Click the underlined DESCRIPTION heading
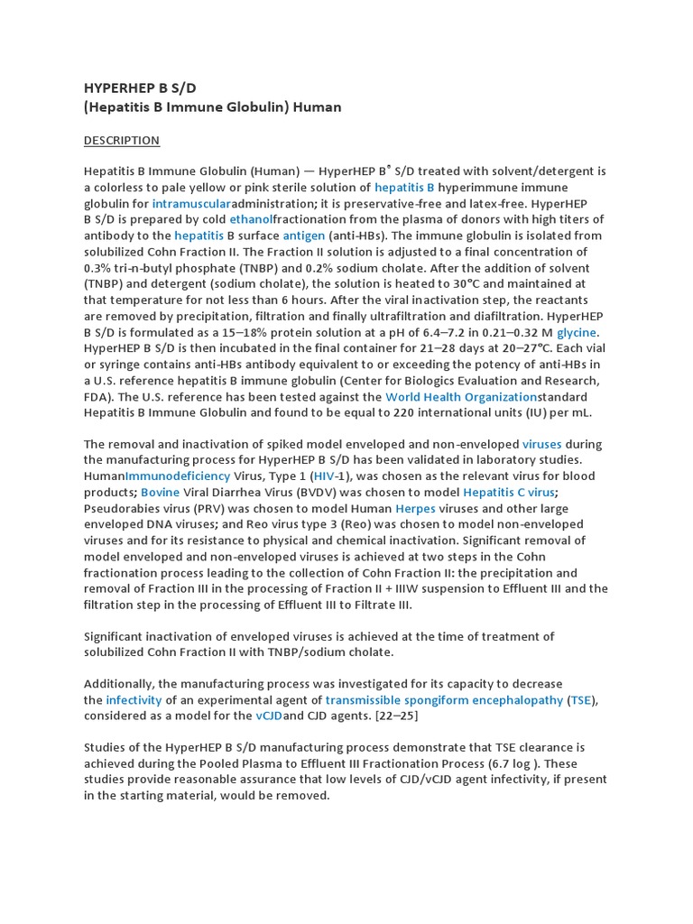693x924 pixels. [121, 140]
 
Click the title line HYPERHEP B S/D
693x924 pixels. [140, 88]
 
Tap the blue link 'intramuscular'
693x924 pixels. [191, 203]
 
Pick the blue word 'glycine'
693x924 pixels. [577, 332]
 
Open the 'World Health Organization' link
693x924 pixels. [461, 396]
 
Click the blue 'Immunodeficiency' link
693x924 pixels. [178, 476]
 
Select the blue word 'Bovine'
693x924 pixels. [161, 492]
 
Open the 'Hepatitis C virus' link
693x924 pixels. [509, 492]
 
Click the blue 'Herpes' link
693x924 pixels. [415, 508]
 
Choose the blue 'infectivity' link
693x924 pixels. [134, 699]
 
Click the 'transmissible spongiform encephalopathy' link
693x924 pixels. [445, 699]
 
